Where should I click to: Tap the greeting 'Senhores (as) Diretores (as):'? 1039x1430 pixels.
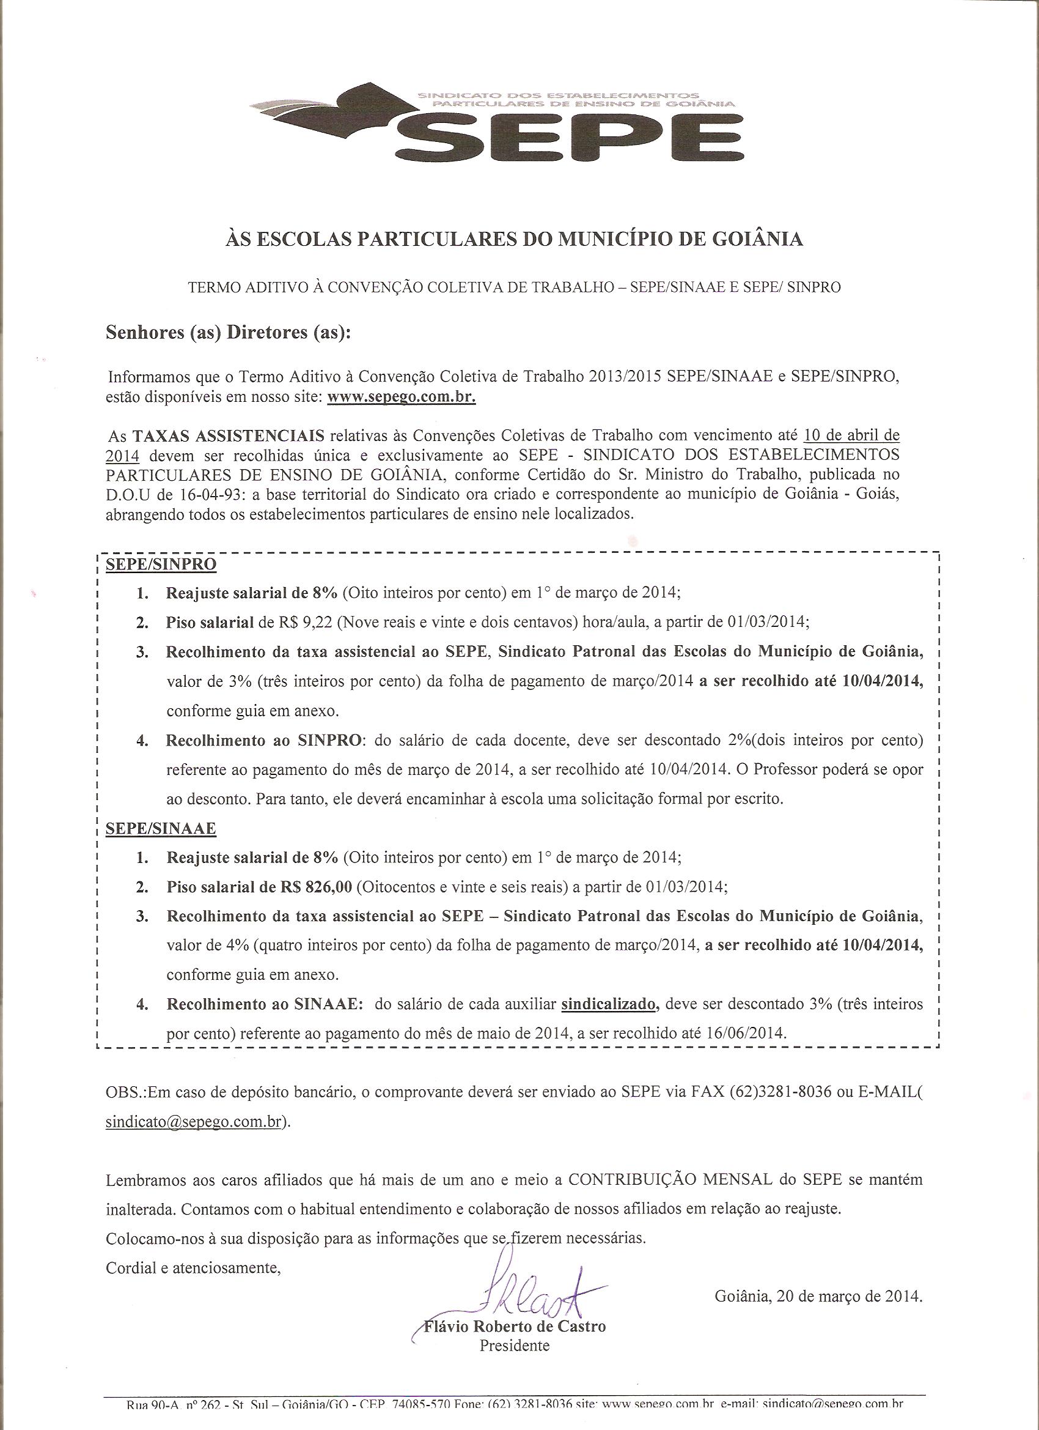tap(227, 333)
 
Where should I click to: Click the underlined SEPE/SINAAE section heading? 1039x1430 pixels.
tap(161, 829)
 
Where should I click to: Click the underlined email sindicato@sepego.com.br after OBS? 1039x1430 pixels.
tap(193, 1123)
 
